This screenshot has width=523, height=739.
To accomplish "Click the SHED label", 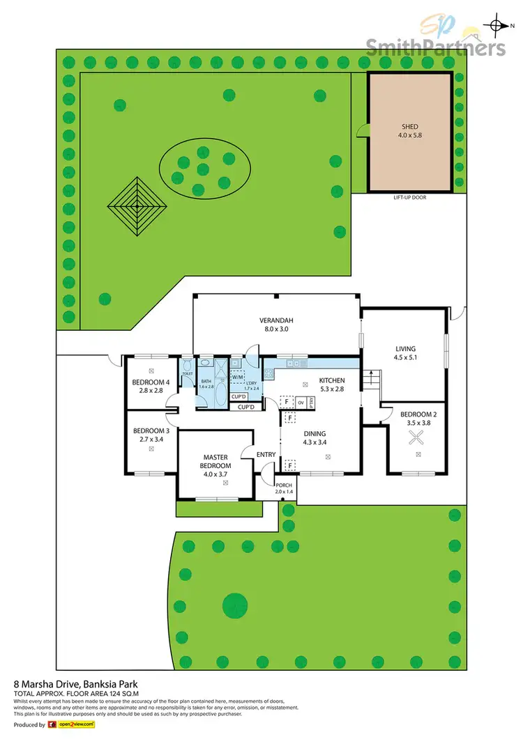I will pos(409,127).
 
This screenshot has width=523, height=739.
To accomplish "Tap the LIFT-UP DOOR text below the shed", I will pos(409,198).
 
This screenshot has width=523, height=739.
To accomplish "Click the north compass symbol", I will pos(497,26).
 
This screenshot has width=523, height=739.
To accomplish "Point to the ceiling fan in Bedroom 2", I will pos(416,437).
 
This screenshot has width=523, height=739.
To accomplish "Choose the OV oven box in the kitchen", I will pos(301,402).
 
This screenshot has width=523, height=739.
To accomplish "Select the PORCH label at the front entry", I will pos(284,485).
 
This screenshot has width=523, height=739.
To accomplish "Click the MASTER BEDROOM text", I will pos(215,461).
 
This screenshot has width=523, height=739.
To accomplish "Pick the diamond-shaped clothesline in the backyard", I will pos(136,205).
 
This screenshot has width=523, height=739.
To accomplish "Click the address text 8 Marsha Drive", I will pos(61,685).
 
